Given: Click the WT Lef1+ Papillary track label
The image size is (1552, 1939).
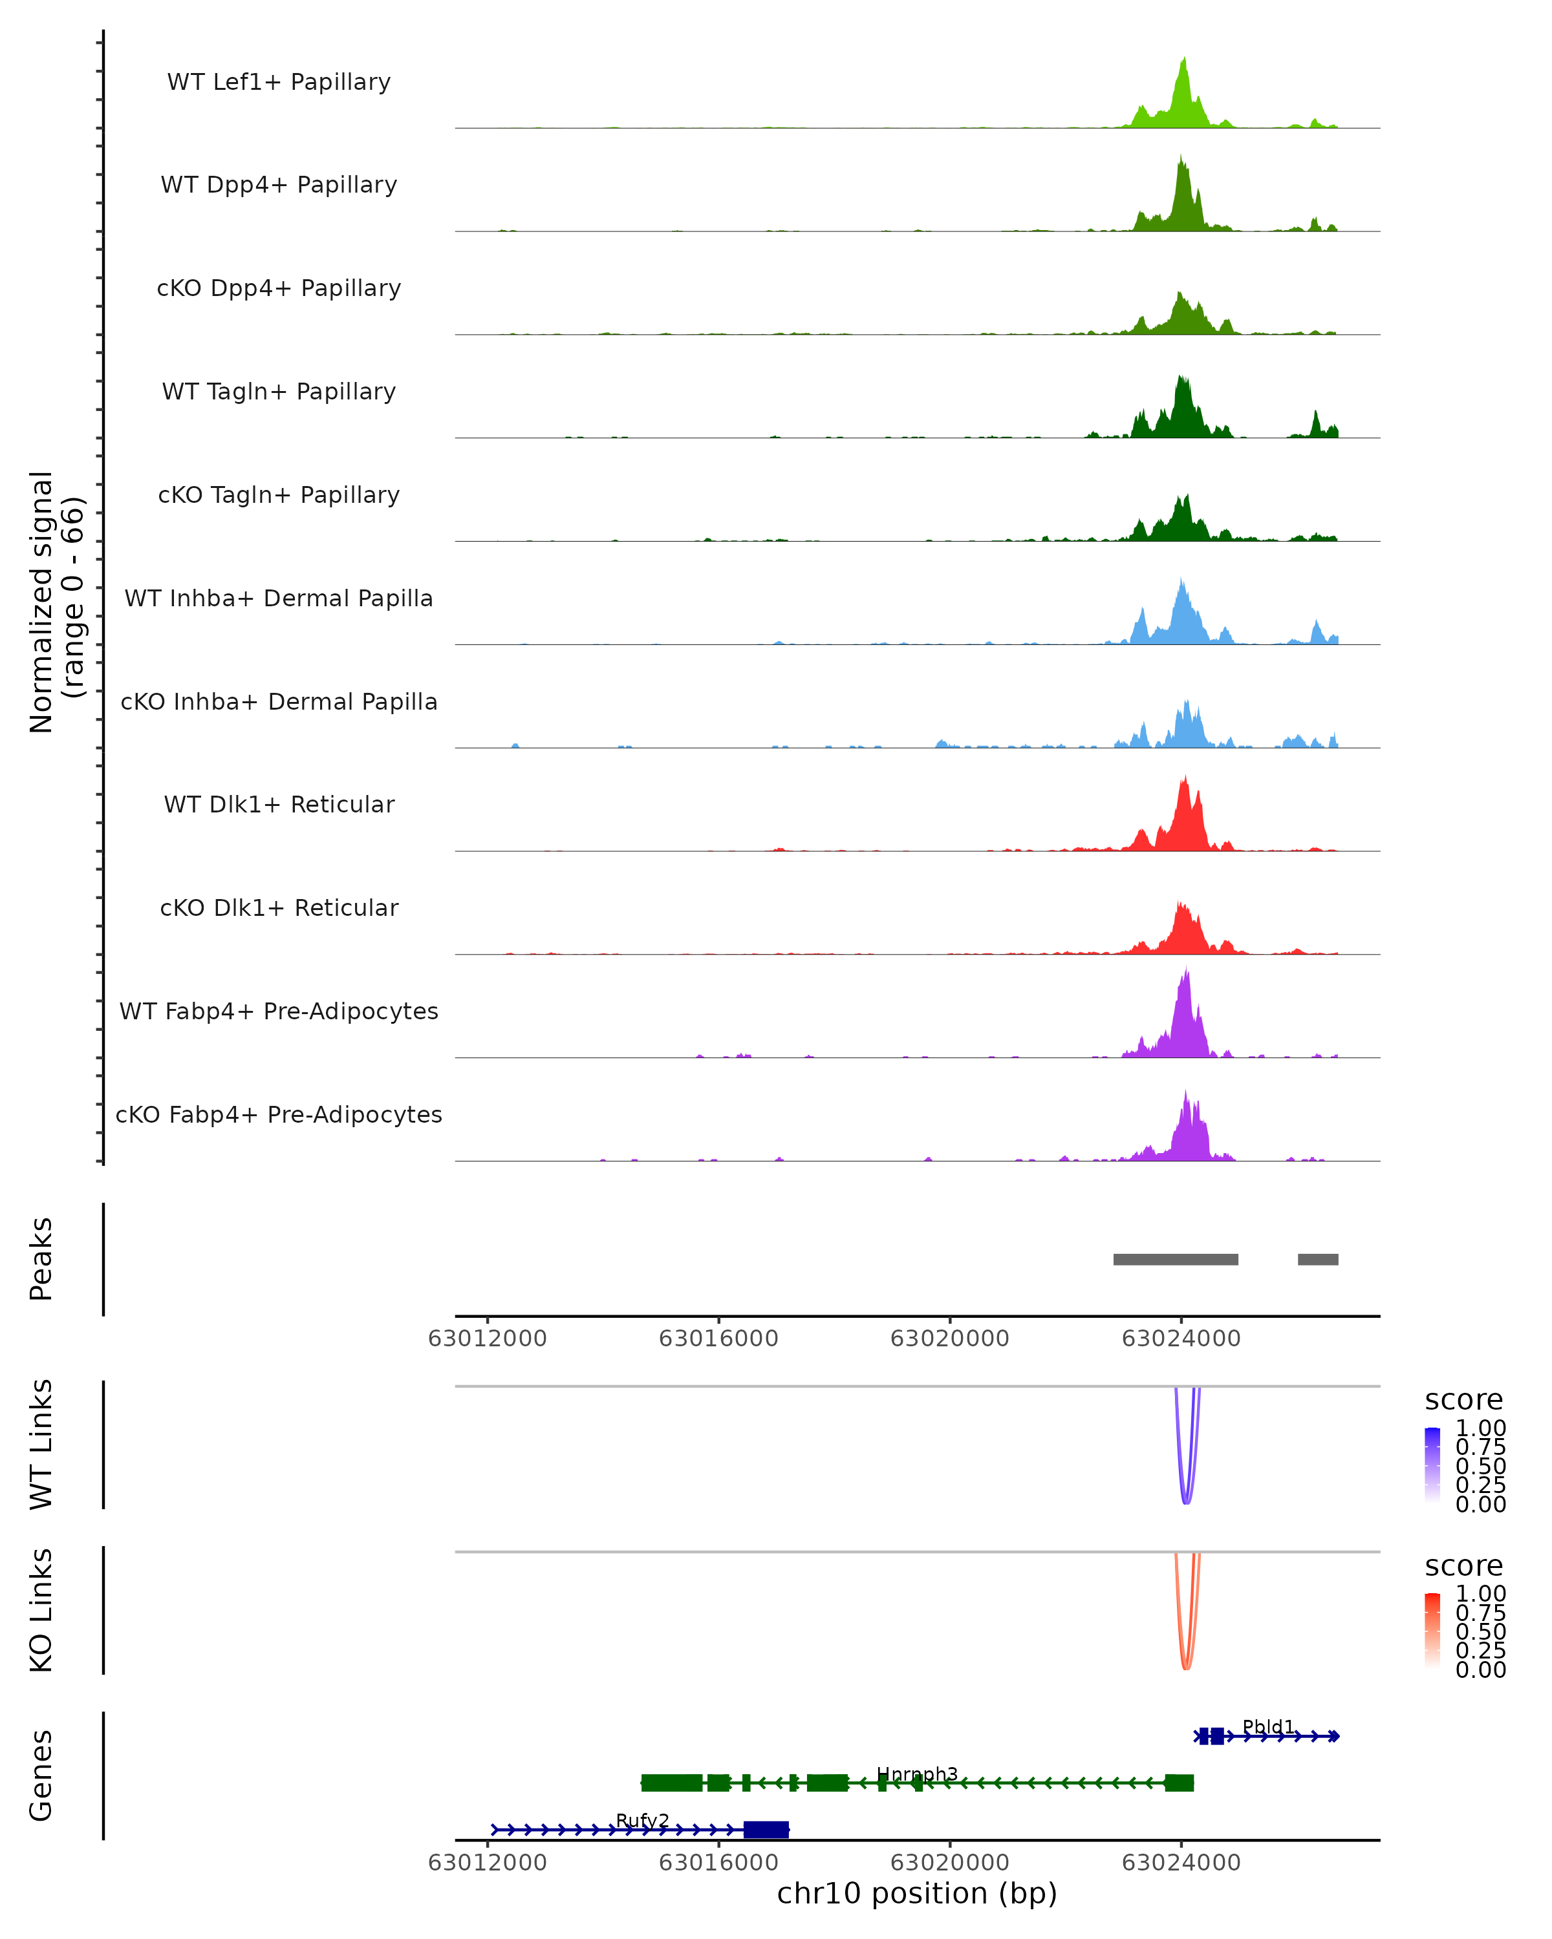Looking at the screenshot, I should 279,82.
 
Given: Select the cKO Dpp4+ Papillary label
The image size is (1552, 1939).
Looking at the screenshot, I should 279,288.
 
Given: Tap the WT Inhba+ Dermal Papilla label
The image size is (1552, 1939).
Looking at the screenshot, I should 279,598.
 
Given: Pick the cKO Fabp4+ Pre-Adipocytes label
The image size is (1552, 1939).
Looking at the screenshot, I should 279,1114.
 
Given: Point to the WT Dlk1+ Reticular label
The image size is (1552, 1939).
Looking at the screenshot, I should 279,804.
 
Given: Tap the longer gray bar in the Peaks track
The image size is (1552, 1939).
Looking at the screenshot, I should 1175,1259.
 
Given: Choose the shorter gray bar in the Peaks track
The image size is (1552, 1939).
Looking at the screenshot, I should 1317,1259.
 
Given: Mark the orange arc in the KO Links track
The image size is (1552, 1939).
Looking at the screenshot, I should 1186,1664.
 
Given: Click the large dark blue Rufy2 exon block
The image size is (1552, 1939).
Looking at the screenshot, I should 766,1829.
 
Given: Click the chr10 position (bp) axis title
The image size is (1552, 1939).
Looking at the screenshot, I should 917,1893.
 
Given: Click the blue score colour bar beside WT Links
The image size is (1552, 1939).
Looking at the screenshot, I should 1432,1463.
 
